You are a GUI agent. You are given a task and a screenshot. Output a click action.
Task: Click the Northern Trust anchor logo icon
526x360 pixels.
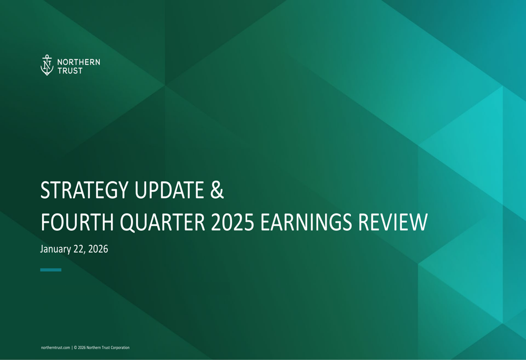click(47, 65)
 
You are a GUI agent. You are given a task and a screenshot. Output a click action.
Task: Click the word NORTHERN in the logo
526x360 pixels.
click(78, 62)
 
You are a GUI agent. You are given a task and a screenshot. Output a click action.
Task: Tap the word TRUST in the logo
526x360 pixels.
click(70, 70)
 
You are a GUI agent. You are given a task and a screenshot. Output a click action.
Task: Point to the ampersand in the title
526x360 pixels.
click(217, 191)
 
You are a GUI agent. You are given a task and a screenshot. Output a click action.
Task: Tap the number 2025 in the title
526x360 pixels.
click(233, 223)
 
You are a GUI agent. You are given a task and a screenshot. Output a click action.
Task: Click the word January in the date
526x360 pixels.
click(55, 249)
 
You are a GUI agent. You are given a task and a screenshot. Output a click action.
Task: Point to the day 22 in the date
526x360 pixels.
click(79, 249)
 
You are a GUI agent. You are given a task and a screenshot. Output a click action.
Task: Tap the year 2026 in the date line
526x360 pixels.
click(98, 249)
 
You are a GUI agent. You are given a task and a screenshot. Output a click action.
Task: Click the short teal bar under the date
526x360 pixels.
click(50, 270)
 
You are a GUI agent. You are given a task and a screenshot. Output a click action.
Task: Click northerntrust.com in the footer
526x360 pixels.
click(55, 347)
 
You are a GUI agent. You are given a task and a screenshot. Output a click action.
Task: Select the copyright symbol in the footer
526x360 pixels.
click(75, 347)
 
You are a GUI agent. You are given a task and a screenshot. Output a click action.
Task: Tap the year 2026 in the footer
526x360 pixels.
click(82, 347)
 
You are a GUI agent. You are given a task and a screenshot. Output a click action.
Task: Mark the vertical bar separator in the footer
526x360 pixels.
click(72, 347)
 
